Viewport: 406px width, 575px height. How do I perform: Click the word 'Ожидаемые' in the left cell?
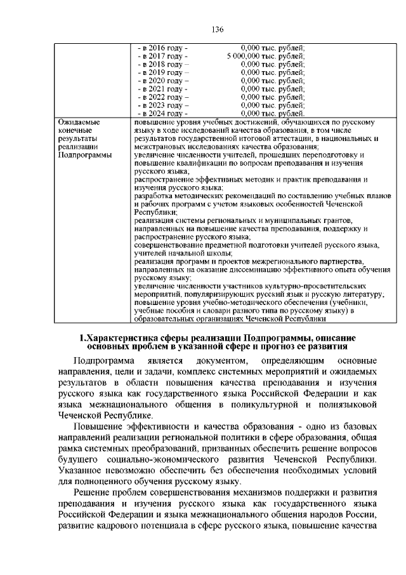80,121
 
